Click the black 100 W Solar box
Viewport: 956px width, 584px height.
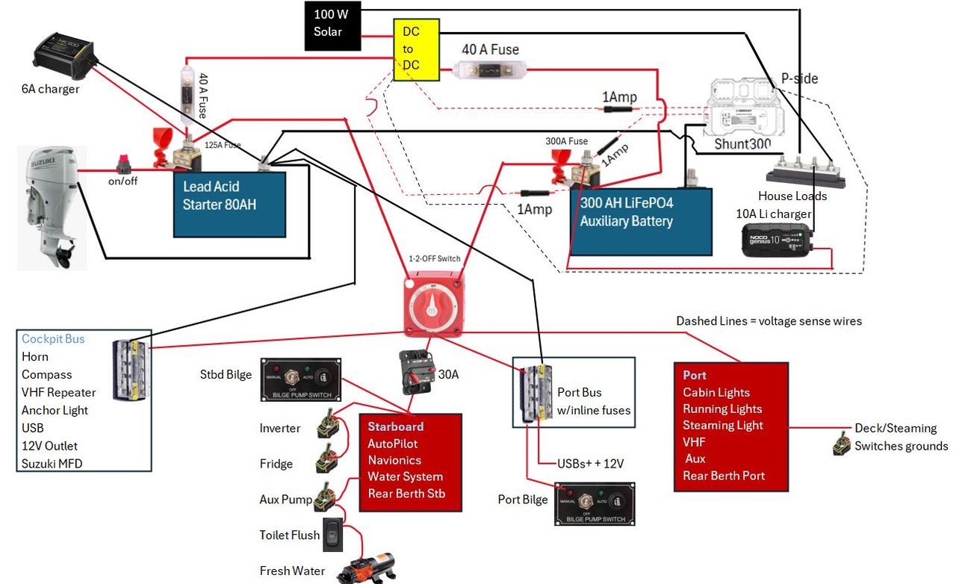pos(332,25)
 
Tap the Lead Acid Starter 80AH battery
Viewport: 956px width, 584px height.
pos(229,204)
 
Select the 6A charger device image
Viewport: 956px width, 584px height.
pos(65,56)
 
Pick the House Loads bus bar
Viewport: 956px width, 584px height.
pos(805,171)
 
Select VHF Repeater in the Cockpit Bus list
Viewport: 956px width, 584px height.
pos(59,393)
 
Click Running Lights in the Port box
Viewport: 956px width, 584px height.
pos(722,409)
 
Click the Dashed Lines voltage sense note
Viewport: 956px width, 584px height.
pos(769,321)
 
